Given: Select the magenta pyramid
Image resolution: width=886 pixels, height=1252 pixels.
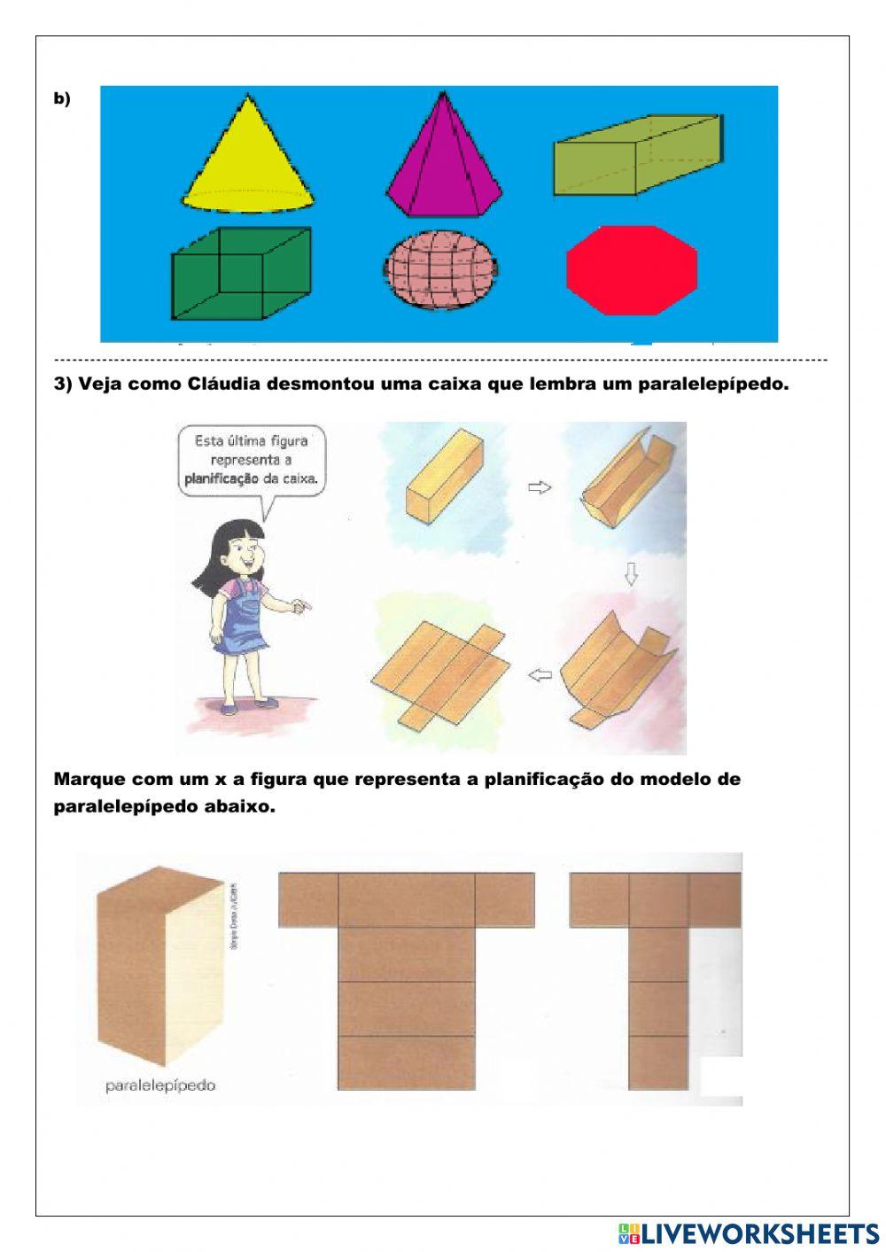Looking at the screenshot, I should [443, 164].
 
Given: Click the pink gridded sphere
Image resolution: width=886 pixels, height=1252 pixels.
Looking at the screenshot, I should [440, 269].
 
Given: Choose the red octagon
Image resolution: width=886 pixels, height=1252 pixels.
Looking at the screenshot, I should [632, 270].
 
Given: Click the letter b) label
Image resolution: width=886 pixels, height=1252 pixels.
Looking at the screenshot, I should [62, 99].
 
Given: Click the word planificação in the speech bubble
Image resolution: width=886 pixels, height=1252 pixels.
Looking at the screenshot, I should [221, 478].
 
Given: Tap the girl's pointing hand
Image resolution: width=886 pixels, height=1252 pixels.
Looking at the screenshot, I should [301, 606].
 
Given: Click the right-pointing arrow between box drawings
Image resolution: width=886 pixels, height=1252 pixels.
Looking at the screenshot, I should [540, 486].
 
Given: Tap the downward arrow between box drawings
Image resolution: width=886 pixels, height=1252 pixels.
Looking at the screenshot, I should [631, 576].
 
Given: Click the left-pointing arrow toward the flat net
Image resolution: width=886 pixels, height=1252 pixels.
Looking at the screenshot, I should [540, 676].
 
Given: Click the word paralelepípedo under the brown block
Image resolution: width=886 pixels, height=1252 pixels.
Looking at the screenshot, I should [160, 1085].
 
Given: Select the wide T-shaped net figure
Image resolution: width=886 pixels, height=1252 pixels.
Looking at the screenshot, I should [407, 975].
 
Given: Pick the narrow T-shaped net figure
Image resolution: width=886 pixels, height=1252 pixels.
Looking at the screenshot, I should [657, 975].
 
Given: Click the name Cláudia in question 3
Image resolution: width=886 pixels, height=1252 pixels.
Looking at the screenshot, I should [225, 385].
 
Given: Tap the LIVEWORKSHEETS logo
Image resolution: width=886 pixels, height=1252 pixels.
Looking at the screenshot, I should [749, 1233].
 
